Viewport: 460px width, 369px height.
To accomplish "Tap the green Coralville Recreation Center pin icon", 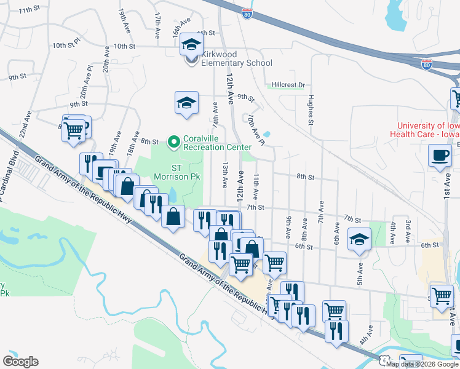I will (x=174, y=143).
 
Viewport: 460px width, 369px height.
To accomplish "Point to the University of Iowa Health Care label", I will (x=424, y=130).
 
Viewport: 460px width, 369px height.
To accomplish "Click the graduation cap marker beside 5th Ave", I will (x=359, y=239).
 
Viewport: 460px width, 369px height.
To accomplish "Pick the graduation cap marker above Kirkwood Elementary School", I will (x=192, y=44).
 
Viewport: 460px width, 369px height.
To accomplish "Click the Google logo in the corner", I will (x=20, y=362).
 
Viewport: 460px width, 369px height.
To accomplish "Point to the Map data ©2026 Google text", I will (x=422, y=364).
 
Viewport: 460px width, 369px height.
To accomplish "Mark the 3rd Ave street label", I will (x=407, y=224).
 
